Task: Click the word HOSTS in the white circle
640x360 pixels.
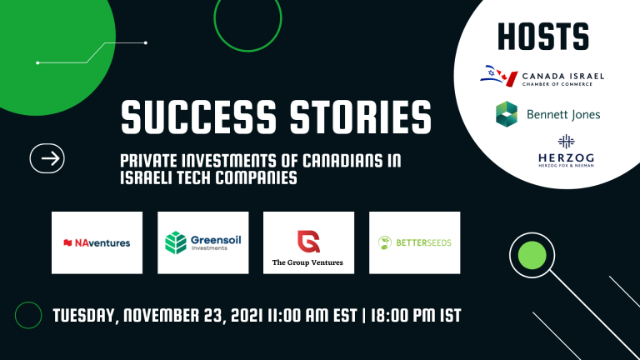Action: (543, 37)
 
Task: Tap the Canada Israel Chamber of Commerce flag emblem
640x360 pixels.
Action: (499, 76)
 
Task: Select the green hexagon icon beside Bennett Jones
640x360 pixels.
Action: (507, 114)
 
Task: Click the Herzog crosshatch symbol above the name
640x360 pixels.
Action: (566, 142)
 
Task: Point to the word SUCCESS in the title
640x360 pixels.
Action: (199, 117)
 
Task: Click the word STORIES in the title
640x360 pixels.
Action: (361, 117)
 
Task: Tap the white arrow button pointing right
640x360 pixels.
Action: (47, 158)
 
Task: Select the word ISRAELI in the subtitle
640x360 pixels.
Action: (148, 177)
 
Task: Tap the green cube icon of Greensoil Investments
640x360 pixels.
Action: (176, 242)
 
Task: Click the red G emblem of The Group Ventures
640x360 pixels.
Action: (308, 242)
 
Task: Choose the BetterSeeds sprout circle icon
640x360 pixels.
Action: (384, 242)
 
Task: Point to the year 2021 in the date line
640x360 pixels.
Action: (246, 316)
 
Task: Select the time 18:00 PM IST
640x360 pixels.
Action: (416, 316)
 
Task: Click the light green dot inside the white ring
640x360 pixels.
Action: (532, 255)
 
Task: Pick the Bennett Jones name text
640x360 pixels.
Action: (563, 114)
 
